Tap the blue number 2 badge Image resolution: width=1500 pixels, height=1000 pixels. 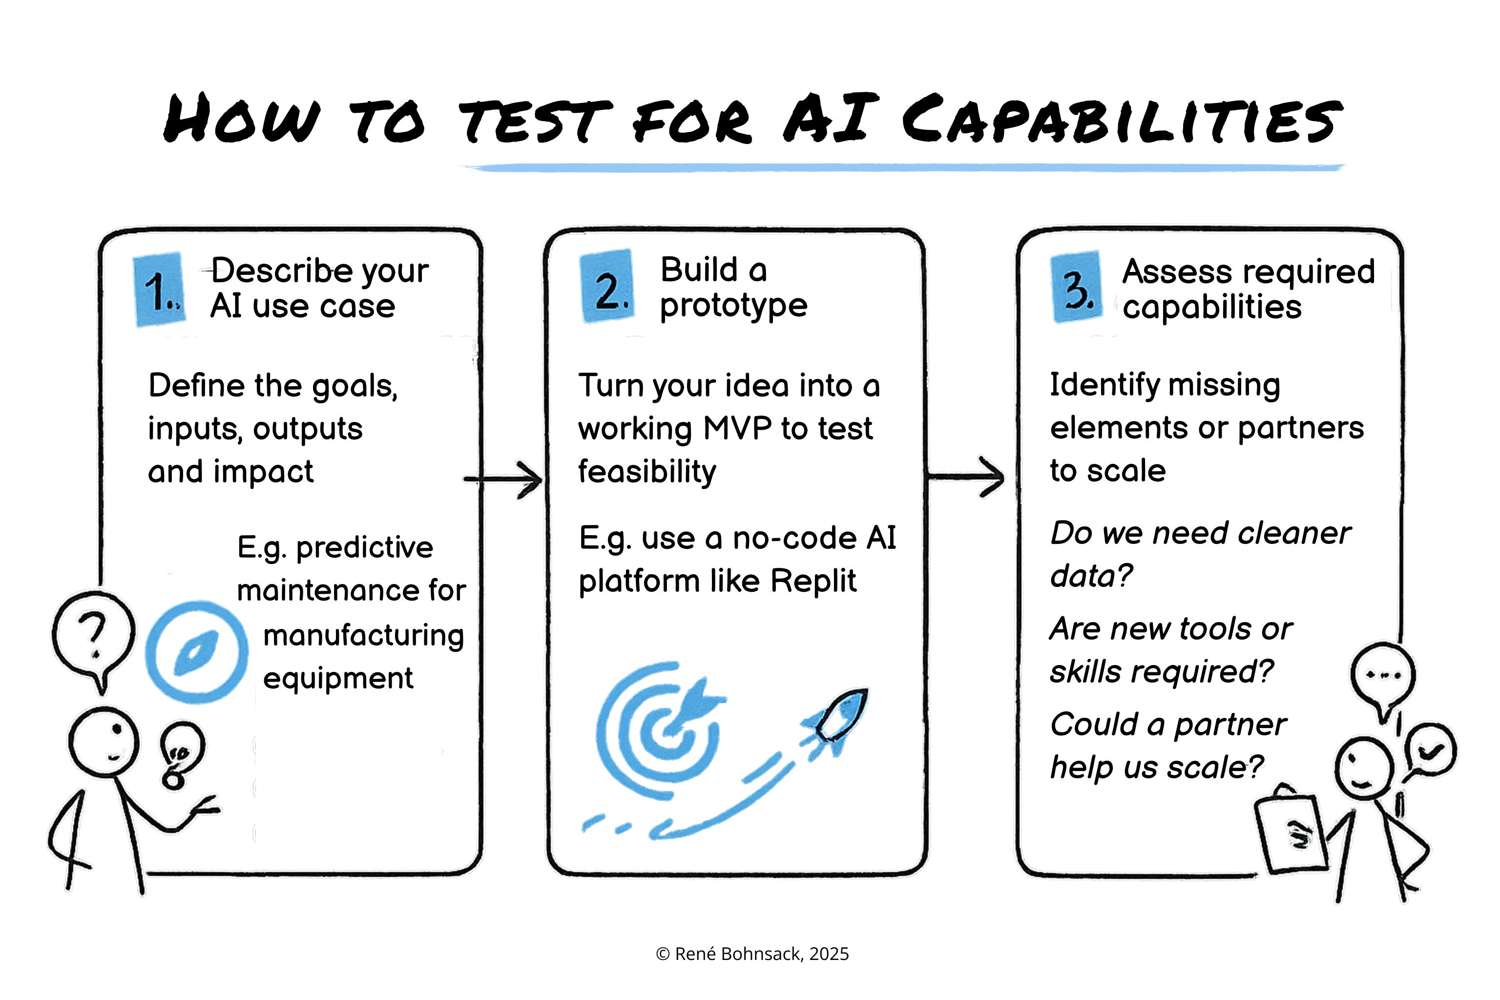click(607, 286)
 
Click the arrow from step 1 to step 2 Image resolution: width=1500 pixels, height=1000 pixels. click(505, 479)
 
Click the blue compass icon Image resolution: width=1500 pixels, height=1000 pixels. click(196, 652)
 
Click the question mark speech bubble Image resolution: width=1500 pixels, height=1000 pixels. click(94, 633)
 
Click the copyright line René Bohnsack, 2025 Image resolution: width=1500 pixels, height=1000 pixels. click(752, 954)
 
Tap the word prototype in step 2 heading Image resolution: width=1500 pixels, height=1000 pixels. click(733, 306)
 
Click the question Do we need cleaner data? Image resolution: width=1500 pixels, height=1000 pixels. click(1199, 554)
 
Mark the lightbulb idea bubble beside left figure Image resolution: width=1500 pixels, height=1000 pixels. click(182, 752)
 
